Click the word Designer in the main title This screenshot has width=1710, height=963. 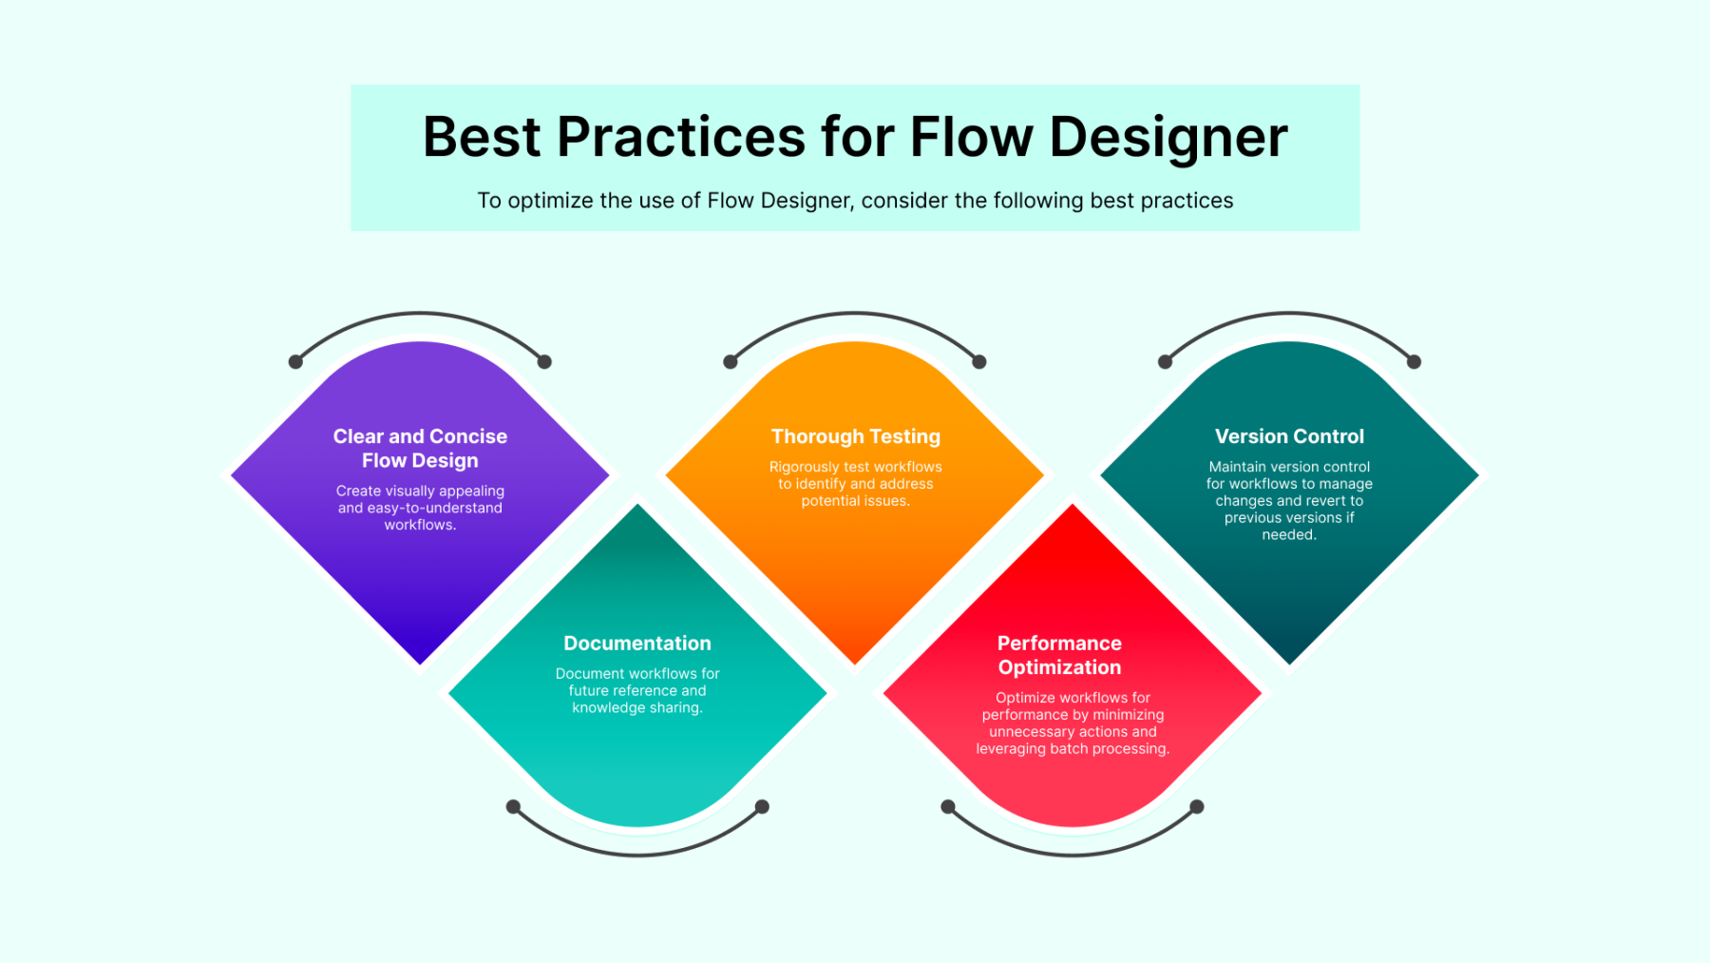pos(1168,139)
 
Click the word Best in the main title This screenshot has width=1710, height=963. pos(482,137)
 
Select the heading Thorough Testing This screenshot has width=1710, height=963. pos(856,436)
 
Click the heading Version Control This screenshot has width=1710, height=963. pos(1289,436)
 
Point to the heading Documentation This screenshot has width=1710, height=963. pos(637,644)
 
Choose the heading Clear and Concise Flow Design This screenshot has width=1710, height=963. pos(420,449)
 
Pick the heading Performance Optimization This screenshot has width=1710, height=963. pos(1059,655)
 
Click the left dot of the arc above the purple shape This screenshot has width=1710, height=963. pos(295,362)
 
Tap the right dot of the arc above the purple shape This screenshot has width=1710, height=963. pos(544,362)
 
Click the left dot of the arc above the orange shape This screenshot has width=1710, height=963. pos(731,362)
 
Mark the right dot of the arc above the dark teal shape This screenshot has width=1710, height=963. pos(1414,362)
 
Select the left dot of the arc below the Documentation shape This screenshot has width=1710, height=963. pos(513,807)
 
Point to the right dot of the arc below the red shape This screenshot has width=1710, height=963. pos(1197,807)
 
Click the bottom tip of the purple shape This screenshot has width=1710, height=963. pos(420,664)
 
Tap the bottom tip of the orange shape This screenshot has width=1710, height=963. pos(855,664)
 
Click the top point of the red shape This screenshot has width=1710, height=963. pos(1073,505)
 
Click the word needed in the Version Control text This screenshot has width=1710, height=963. pos(1289,535)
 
